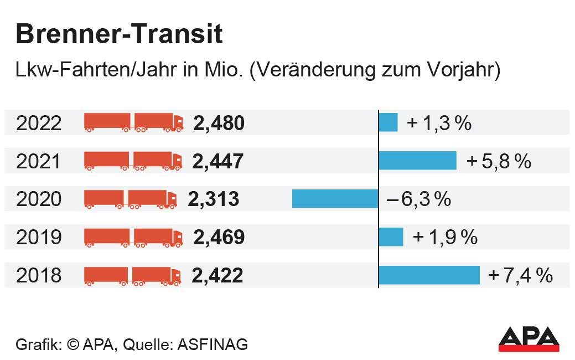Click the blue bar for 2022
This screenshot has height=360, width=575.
(x=388, y=122)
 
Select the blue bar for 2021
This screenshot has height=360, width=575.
(x=417, y=161)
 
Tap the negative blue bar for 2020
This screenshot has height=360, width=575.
(x=335, y=199)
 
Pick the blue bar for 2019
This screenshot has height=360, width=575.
(x=391, y=237)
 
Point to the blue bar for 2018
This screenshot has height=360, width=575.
(x=429, y=275)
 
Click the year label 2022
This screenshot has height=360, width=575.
(x=39, y=123)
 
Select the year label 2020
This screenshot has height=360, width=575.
(x=39, y=199)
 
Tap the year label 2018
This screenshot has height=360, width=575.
(x=39, y=275)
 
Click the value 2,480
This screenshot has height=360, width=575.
(x=219, y=123)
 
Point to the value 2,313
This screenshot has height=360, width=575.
(x=214, y=199)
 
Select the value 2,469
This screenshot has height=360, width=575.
(x=219, y=237)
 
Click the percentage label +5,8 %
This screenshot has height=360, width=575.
(x=499, y=161)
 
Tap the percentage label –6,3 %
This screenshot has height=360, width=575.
(x=419, y=199)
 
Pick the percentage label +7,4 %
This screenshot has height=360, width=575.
(x=521, y=275)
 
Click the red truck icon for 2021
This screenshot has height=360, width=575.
(x=133, y=161)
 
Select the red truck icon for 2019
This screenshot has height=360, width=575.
(x=133, y=237)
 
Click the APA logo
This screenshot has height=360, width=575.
(x=529, y=338)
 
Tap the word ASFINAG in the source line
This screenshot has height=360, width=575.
(x=213, y=344)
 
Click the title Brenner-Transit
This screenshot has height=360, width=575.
(x=119, y=34)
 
